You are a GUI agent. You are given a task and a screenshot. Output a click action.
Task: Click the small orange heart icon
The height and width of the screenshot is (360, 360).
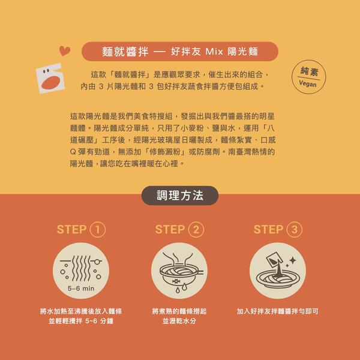pos(65,50)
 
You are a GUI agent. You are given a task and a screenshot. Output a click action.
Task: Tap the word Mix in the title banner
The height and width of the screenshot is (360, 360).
pos(214,52)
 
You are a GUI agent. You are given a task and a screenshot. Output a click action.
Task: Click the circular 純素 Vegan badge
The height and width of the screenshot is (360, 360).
pos(308,77)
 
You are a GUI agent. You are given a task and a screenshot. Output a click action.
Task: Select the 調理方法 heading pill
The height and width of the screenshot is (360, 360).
pos(180,196)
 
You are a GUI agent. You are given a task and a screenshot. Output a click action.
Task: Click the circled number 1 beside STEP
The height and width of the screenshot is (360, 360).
pos(98,229)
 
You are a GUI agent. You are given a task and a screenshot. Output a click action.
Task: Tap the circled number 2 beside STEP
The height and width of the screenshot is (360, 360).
pos(196,229)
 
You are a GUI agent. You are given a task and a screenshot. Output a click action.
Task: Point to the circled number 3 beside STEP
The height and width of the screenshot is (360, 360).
pos(295,229)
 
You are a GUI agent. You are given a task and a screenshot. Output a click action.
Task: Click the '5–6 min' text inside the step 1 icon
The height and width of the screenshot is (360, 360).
pos(81,289)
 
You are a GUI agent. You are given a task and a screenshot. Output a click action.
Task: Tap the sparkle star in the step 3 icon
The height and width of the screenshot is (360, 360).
pos(293,260)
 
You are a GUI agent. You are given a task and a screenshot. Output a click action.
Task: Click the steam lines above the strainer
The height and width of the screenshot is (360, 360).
pos(178,259)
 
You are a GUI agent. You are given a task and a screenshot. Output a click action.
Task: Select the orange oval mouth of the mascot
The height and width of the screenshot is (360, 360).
pos(51,82)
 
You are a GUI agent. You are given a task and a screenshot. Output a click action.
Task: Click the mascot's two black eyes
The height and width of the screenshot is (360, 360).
pos(46,71)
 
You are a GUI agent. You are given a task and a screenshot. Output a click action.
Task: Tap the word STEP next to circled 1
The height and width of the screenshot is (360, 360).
pos(71,229)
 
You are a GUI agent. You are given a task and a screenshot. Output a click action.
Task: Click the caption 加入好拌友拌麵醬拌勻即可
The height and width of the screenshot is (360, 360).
pos(278,311)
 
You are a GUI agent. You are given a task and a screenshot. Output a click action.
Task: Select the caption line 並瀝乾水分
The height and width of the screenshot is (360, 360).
pos(179,321)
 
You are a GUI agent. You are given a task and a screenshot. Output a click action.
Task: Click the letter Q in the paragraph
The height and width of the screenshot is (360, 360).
pos(73,152)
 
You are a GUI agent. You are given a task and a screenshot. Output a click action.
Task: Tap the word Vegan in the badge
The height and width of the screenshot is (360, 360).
pos(308,83)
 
